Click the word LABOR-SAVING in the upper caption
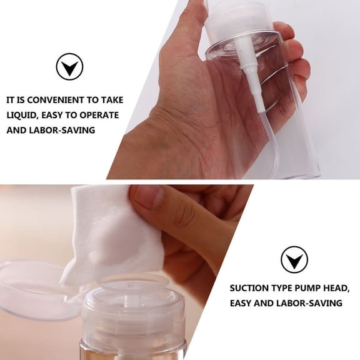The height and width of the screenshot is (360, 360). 63,130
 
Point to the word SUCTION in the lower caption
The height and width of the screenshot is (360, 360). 249,288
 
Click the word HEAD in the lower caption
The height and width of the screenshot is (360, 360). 334,288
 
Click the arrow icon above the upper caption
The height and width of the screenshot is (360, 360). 69,67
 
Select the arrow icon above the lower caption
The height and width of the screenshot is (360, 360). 293,259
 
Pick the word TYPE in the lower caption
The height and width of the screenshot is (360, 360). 279,288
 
